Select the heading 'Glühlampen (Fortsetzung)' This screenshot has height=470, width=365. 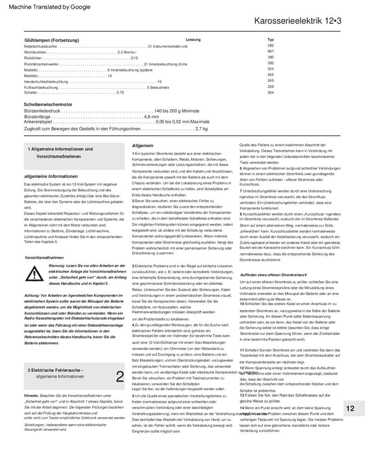(x=52, y=40)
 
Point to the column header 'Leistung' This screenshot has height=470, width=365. (x=193, y=40)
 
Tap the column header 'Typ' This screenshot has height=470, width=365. (x=271, y=40)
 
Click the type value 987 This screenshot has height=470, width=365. (x=271, y=52)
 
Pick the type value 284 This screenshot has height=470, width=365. (x=271, y=93)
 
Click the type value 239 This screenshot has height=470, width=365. (x=271, y=87)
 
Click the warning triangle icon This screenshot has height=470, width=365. (x=34, y=274)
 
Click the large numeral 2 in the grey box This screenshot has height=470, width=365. (x=120, y=376)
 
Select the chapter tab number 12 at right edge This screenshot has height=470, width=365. (x=350, y=408)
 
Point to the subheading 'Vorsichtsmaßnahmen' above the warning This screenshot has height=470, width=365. (x=44, y=258)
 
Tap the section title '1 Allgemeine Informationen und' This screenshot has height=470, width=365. (x=60, y=149)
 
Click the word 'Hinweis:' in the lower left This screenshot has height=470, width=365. (x=31, y=396)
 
